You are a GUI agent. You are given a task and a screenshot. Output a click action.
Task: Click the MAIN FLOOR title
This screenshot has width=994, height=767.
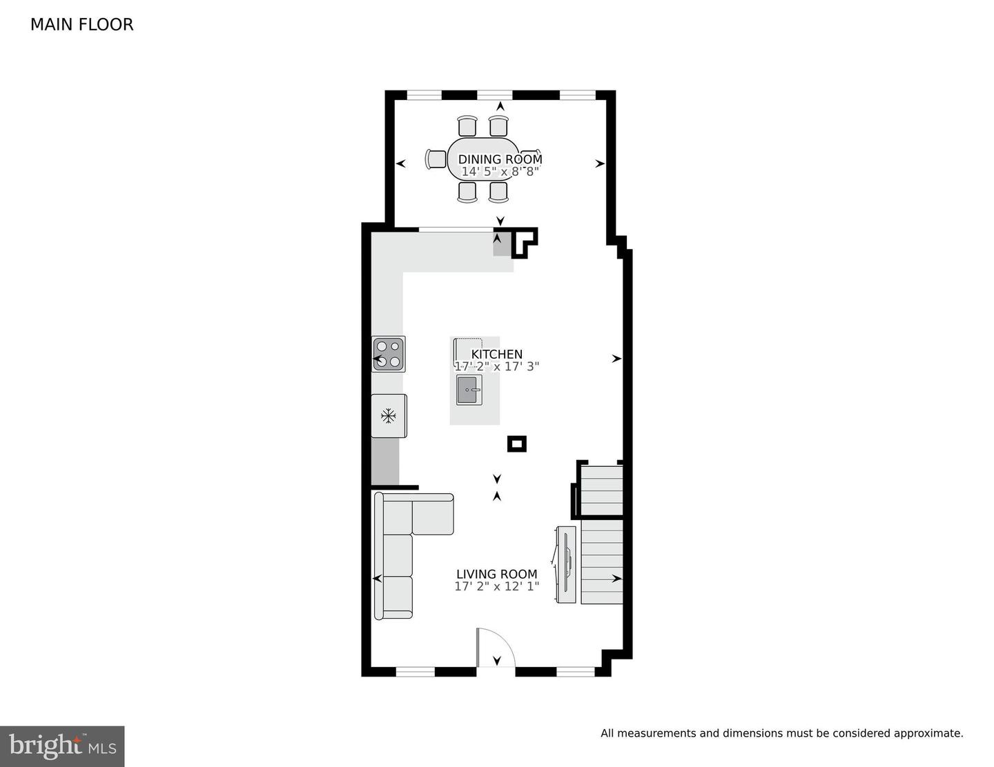(x=81, y=24)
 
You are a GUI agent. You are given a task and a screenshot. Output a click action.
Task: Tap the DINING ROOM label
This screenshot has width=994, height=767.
(x=500, y=159)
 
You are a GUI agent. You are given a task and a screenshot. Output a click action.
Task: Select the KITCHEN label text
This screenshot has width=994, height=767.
(x=496, y=355)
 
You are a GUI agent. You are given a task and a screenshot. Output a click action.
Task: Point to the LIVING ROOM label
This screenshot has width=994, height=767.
(x=496, y=574)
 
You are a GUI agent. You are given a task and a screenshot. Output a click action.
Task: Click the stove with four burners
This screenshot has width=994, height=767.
(x=389, y=354)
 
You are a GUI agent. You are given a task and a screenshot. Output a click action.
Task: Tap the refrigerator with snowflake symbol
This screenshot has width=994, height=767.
(x=389, y=416)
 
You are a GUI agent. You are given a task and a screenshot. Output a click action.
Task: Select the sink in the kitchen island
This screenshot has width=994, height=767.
(x=469, y=390)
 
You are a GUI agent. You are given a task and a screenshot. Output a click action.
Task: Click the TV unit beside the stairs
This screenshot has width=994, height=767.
(x=566, y=564)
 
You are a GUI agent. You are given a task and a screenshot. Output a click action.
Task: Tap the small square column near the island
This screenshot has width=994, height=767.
(x=516, y=444)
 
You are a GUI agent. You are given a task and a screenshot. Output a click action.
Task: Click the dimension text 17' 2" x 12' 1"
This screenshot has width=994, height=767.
(x=496, y=586)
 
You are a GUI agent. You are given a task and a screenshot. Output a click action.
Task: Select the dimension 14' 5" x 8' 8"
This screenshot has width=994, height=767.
(x=500, y=171)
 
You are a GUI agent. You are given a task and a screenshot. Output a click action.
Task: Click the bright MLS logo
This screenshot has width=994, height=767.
(x=62, y=746)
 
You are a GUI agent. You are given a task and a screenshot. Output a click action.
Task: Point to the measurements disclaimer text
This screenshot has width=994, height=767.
(x=781, y=733)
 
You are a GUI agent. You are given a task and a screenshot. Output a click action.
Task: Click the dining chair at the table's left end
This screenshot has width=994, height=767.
(x=436, y=159)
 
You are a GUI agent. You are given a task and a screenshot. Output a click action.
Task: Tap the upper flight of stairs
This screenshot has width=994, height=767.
(x=601, y=490)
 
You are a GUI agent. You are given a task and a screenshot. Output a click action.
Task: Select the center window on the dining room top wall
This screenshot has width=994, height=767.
(x=494, y=94)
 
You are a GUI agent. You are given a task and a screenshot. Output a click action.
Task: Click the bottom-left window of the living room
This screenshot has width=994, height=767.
(x=415, y=671)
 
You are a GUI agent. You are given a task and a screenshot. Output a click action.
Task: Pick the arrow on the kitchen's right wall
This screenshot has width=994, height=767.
(x=616, y=359)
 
